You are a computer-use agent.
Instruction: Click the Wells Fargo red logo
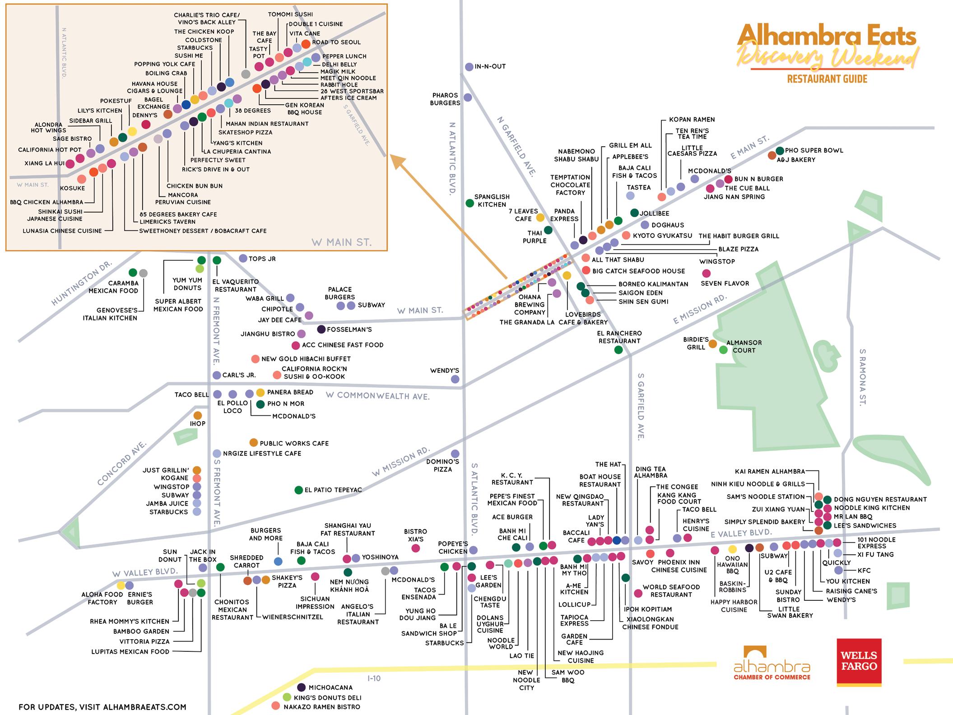[x=859, y=662]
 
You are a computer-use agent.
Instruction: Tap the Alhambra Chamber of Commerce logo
[x=772, y=664]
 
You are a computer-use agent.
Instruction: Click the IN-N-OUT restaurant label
[x=490, y=67]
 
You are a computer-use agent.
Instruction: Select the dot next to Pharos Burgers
[x=468, y=97]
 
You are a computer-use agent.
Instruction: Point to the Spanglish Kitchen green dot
[x=470, y=203]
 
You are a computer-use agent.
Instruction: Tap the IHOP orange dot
[x=197, y=415]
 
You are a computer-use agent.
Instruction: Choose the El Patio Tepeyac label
[x=333, y=490]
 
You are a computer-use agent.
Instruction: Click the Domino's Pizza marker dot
[x=455, y=454]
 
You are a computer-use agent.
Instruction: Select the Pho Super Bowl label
[x=814, y=151]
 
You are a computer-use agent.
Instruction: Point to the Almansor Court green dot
[x=723, y=350]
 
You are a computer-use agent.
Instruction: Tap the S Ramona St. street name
[x=863, y=377]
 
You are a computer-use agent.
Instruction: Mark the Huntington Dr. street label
[x=81, y=283]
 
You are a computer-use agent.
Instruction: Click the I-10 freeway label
[x=374, y=678]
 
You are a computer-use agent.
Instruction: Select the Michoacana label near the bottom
[x=330, y=687]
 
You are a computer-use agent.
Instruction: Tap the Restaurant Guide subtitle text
[x=827, y=79]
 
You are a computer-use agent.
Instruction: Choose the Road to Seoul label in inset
[x=336, y=42]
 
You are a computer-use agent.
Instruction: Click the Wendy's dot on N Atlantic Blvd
[x=455, y=379]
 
